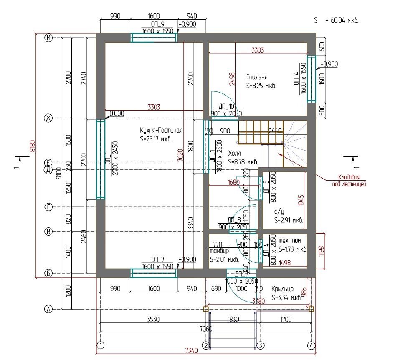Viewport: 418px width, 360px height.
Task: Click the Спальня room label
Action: point(257,77)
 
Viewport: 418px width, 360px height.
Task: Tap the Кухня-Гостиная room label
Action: point(155,130)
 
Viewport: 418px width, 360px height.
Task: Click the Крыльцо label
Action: point(282,289)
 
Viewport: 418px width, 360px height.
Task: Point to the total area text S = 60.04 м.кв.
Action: point(337,20)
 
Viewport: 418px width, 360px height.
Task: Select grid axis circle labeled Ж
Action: point(48,118)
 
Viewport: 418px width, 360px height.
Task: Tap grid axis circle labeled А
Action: point(48,309)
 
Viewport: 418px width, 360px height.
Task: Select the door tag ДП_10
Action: point(225,107)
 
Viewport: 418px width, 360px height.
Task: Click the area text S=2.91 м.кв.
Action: point(289,220)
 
